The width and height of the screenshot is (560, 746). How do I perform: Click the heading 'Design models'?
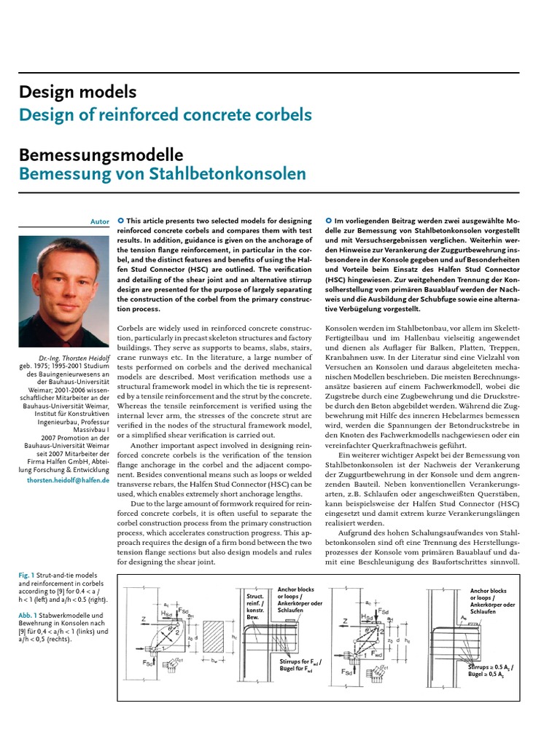[x=77, y=93]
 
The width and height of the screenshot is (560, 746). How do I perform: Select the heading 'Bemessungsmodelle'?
[x=101, y=155]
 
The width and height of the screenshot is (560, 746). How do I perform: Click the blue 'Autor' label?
[x=99, y=221]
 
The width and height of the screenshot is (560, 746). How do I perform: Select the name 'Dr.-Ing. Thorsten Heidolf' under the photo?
[x=71, y=357]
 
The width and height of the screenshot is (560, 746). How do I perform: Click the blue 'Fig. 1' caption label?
[x=27, y=576]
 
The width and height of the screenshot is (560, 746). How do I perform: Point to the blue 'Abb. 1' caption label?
[x=28, y=615]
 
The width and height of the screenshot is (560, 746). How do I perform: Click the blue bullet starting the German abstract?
[x=329, y=221]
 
